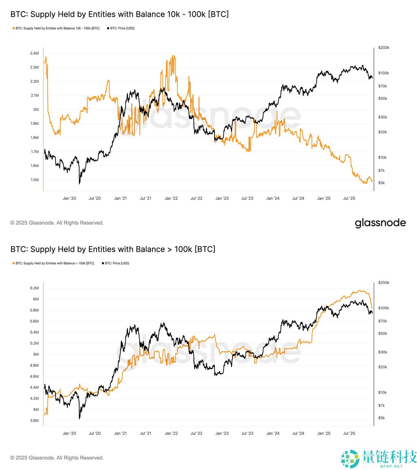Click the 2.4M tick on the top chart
click(34, 53)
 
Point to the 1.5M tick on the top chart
click(34, 180)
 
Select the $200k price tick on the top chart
click(384, 48)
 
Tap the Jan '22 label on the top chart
click(171, 198)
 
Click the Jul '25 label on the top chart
click(349, 198)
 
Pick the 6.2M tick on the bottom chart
click(34, 288)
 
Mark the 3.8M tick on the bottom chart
click(34, 421)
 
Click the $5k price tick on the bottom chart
click(381, 418)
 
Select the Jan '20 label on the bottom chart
click(69, 433)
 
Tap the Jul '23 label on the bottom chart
click(247, 433)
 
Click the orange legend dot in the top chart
click(14, 28)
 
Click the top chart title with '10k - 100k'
click(120, 14)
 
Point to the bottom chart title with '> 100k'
click(113, 249)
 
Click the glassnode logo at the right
click(380, 223)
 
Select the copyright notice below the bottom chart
click(57, 458)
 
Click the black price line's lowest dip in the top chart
click(80, 183)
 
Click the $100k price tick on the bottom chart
click(384, 308)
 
